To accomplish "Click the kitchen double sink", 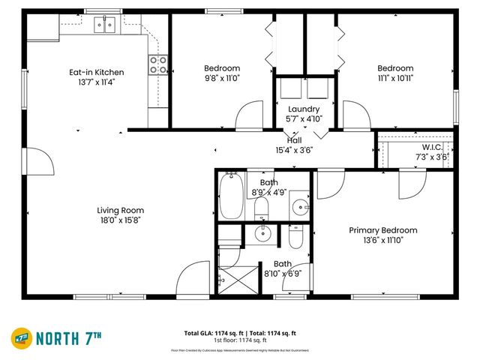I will click(104, 26).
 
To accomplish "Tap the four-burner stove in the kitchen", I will click(157, 65).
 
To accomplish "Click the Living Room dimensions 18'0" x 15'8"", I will click(120, 220).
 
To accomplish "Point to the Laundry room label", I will click(303, 109).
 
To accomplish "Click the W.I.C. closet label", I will click(431, 147).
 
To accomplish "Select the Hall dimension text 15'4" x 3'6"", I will click(294, 150).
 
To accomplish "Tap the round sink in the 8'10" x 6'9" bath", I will click(262, 234).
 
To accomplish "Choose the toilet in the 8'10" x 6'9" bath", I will click(296, 237).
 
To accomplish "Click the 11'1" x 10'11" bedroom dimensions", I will click(394, 77).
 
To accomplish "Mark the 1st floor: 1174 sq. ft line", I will click(240, 340).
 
